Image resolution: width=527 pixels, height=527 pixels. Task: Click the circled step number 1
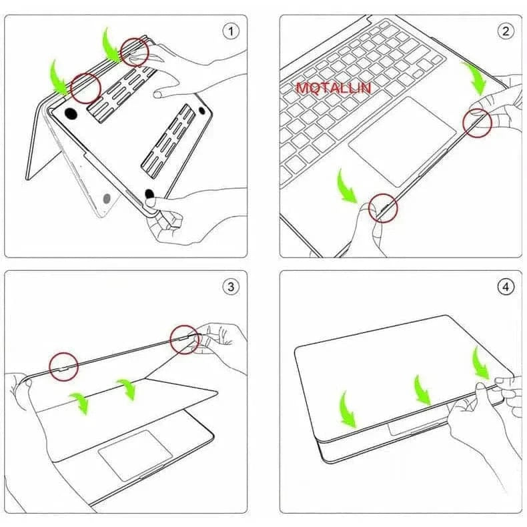tap(231, 31)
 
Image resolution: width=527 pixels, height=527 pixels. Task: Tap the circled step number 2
tap(505, 31)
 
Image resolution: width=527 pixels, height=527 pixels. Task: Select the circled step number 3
tap(231, 287)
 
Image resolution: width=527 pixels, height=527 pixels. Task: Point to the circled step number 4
tap(505, 287)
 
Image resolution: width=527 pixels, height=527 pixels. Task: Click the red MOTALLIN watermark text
tap(334, 87)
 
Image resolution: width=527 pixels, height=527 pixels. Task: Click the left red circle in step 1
tap(85, 87)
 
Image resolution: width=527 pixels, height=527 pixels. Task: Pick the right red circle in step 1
tap(135, 52)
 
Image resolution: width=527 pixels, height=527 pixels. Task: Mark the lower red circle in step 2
tap(384, 208)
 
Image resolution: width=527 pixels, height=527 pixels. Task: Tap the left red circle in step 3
tap(63, 366)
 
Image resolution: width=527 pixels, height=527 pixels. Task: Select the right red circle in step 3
tap(183, 340)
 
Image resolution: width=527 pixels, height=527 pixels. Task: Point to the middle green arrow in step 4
tap(422, 390)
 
